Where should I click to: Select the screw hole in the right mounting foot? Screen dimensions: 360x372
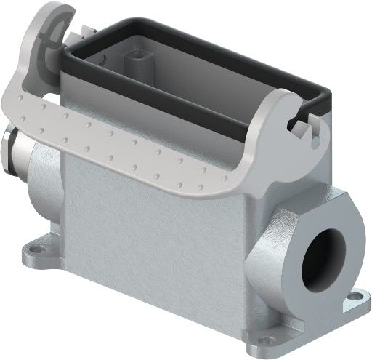click(x=357, y=297)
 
